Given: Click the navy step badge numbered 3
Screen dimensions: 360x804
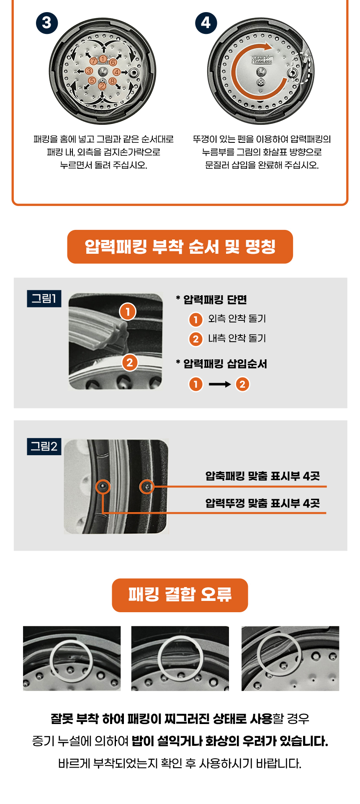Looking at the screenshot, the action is coord(46,23).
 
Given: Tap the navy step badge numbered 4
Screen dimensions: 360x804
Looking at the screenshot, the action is coord(206,23).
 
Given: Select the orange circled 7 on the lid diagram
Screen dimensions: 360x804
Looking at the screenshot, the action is coord(94,62).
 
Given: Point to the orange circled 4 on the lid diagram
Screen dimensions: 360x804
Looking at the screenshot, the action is coord(116,72).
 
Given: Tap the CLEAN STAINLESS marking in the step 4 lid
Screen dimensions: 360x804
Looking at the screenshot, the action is coord(261,60).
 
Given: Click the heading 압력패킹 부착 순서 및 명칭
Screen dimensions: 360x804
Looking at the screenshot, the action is coord(180,247).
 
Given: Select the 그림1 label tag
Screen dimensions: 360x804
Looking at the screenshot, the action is coord(44,299).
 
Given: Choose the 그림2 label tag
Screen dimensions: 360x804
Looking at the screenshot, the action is coord(44,446).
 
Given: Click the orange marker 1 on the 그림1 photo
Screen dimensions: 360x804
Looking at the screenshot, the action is coord(128,312).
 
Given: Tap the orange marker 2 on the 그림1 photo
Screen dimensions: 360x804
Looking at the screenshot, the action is coord(130,363).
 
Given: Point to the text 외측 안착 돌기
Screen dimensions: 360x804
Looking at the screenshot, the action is coord(237,319).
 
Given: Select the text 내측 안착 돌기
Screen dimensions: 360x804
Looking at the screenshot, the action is coord(237,338).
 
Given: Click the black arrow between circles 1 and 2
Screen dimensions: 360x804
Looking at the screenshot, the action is coord(220,384).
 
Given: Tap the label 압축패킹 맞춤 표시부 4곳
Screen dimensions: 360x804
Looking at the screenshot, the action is coord(262,476).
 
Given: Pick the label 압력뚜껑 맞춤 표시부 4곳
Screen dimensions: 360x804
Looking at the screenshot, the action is coord(262,503).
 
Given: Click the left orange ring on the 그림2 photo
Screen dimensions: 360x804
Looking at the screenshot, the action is coord(103,480).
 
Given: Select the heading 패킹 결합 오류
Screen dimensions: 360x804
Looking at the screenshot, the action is coord(180,595).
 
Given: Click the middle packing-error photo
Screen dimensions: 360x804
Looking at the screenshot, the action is coord(180,658).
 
